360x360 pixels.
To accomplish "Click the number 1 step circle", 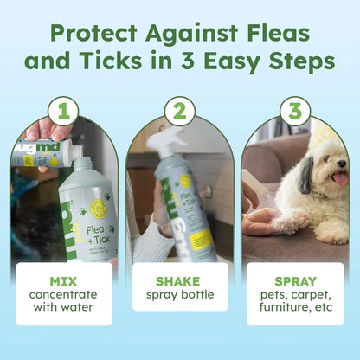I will point(63,110).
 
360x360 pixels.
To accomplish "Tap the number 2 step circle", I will point(180,110).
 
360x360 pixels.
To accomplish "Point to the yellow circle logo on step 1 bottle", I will point(97,209).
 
